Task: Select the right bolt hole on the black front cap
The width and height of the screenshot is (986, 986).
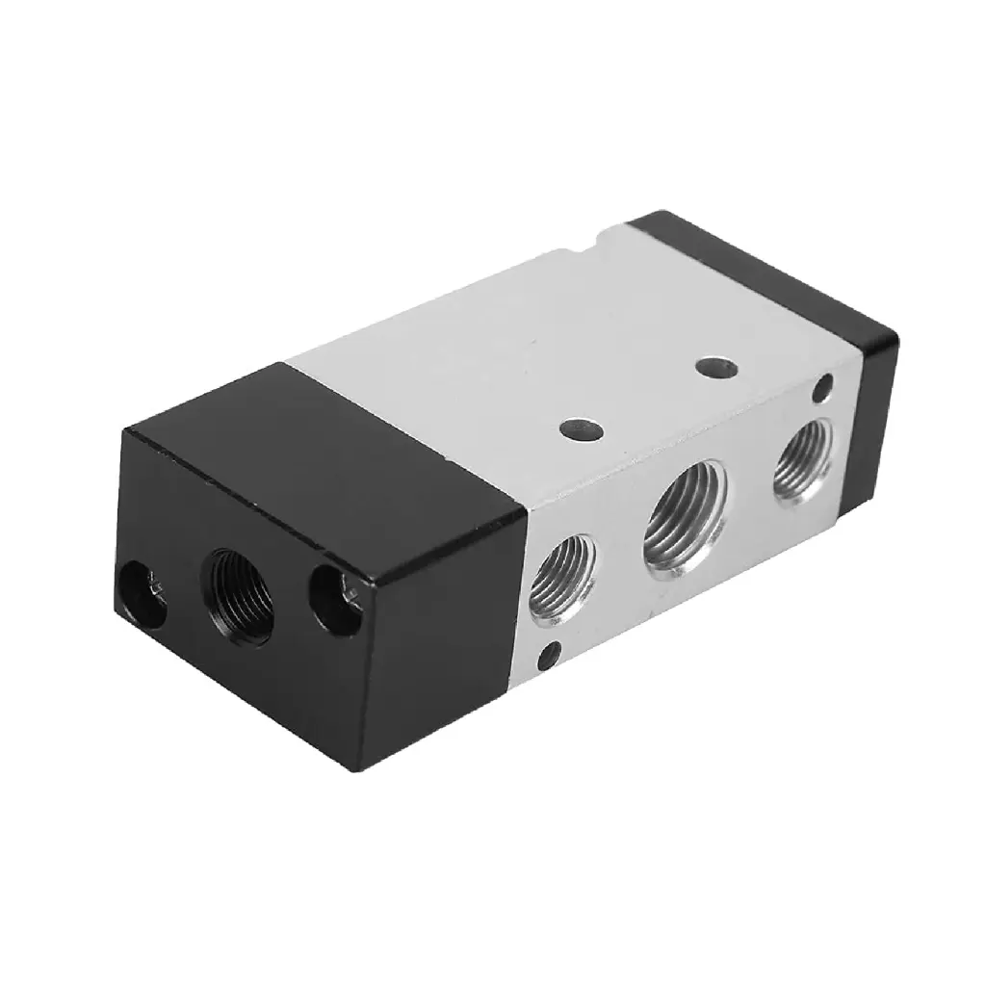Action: pyautogui.click(x=336, y=601)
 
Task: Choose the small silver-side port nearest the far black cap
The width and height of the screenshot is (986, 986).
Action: pyautogui.click(x=805, y=456)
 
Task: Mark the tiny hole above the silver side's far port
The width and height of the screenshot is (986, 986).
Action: pyautogui.click(x=822, y=389)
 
